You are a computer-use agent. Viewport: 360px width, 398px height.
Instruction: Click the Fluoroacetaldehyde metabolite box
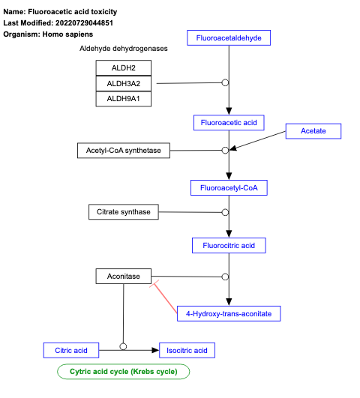click(229, 37)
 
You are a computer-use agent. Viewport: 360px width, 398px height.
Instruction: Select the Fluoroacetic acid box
click(229, 122)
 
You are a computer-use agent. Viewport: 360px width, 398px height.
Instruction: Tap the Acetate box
click(313, 131)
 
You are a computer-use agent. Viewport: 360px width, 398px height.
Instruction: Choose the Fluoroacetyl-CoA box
click(229, 187)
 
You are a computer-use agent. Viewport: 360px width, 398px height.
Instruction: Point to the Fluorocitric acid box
click(229, 245)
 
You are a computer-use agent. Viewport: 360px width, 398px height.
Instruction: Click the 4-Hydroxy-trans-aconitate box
click(229, 313)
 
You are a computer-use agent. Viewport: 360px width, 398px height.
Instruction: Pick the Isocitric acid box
click(187, 350)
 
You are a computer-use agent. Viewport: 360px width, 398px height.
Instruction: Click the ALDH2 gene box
click(123, 68)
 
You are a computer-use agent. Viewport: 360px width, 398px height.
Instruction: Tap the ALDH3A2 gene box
click(123, 83)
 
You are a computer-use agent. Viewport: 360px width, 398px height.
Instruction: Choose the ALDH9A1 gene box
click(123, 98)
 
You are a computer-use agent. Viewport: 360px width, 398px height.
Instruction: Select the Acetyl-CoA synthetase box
click(124, 151)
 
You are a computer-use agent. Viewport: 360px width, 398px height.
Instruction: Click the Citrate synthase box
click(124, 212)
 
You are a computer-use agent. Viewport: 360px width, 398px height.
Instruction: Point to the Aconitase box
click(123, 277)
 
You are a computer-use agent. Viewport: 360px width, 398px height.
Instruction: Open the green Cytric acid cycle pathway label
click(124, 371)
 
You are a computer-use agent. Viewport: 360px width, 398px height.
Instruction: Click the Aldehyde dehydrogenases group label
click(123, 49)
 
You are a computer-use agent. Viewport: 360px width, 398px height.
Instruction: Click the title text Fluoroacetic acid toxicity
click(72, 13)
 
